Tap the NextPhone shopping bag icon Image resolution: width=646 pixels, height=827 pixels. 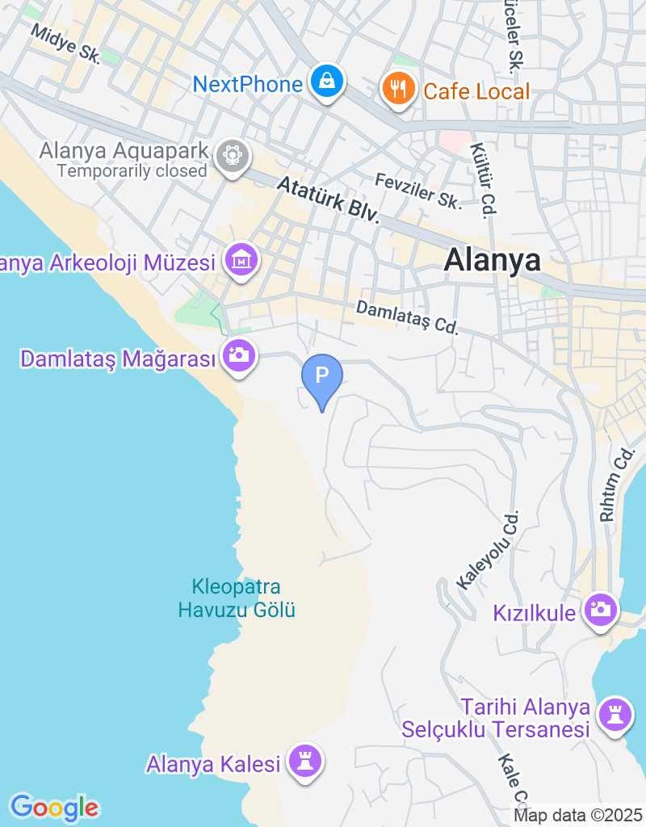coord(326,82)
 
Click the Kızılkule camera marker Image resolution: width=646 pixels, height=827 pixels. coord(601,610)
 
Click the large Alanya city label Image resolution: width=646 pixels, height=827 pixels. coord(492,260)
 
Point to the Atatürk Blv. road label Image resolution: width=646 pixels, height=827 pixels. coord(328,199)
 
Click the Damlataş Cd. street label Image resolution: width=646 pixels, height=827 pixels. coord(407,317)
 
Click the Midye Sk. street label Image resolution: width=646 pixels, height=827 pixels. coord(65,43)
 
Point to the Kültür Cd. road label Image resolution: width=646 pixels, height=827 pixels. coord(481,181)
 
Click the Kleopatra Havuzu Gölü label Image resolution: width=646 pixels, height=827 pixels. coord(237,598)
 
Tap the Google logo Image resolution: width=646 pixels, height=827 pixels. coord(54,807)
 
